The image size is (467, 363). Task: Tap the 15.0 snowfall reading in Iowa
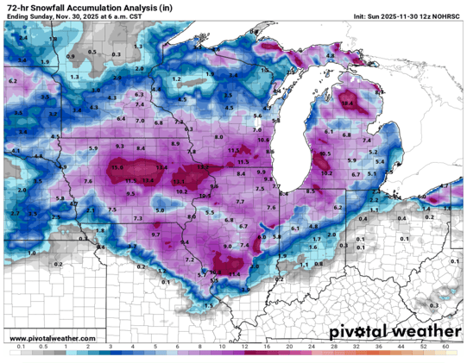tap(117, 166)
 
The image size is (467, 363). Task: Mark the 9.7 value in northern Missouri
tap(155, 235)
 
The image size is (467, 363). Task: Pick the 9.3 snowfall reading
tap(121, 147)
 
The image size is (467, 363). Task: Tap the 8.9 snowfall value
tap(176, 143)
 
